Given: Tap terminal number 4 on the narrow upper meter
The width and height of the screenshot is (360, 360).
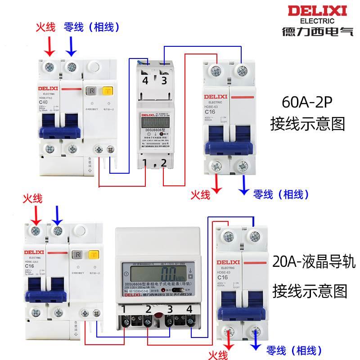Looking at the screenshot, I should [x=145, y=81].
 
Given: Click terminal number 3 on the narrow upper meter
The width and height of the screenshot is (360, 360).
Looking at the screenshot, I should [x=164, y=81].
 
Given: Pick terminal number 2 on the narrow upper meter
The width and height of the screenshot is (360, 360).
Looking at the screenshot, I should [x=164, y=162].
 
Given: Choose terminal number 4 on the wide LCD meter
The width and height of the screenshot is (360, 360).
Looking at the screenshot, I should [x=189, y=309].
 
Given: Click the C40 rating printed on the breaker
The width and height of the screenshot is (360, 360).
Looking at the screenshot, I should [x=43, y=103].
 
